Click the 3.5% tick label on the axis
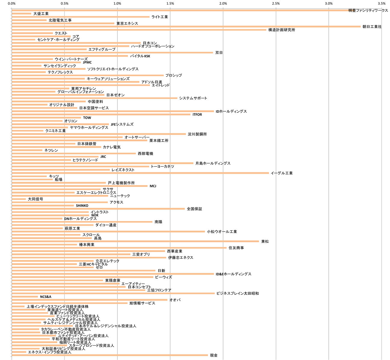pos(382,4)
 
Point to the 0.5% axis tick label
pos(64,4)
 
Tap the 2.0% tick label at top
pos(223,4)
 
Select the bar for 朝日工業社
pos(186,27)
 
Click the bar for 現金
pos(110,355)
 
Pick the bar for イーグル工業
pos(140,173)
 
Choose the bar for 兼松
pos(135,241)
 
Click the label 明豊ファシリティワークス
pos(368,10)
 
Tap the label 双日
pos(219,53)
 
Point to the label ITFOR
pos(197,115)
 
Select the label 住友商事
pos(236,248)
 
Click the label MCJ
pos(153,186)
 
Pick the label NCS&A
pos(46,297)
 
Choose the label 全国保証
pos(194,209)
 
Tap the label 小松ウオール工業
pos(222,232)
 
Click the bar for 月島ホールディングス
pos(102,163)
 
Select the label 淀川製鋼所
pos(197,134)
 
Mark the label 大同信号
pos(35,199)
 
